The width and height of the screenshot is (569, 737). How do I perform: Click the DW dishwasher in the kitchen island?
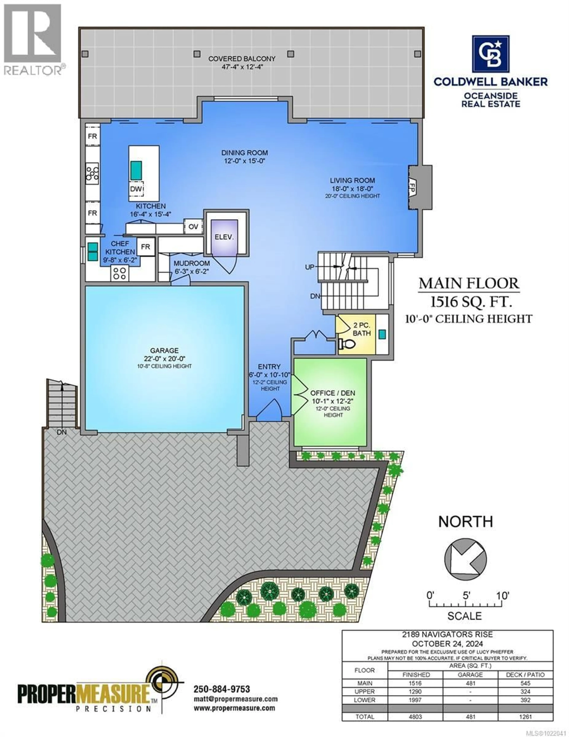(x=136, y=189)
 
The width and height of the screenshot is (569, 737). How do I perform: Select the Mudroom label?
(x=192, y=263)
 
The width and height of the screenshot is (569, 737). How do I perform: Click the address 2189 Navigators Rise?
(x=447, y=634)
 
